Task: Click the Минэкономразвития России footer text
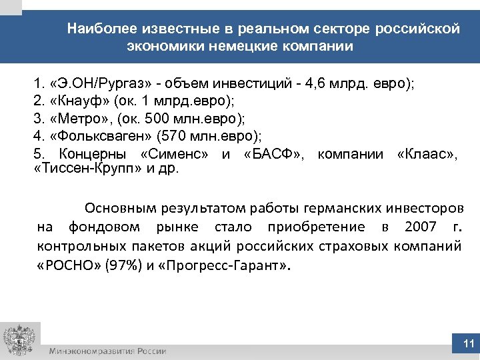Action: (x=107, y=351)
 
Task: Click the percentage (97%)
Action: (x=121, y=264)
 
